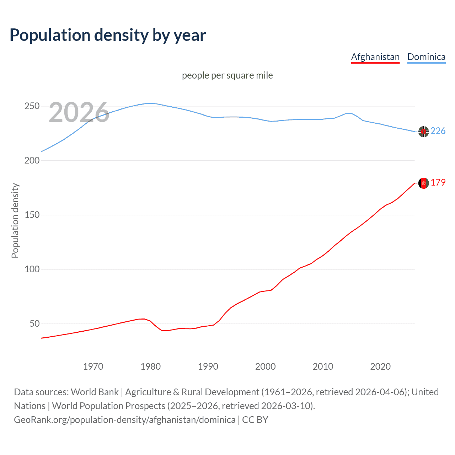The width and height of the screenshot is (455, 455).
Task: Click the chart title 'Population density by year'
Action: [x=108, y=35]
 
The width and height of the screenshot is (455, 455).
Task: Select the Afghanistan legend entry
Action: [x=375, y=57]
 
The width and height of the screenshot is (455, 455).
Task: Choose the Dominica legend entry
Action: [x=426, y=57]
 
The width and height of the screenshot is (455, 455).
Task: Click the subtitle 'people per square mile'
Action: [x=227, y=75]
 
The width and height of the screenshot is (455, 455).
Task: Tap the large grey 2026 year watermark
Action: [x=79, y=112]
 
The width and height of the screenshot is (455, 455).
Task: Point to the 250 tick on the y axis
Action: [x=32, y=106]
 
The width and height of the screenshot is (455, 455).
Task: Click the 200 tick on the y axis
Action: [x=32, y=161]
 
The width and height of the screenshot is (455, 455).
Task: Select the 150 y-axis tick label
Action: [x=32, y=215]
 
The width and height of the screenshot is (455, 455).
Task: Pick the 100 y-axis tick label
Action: [x=32, y=269]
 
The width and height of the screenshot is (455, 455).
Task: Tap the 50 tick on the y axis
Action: [x=34, y=324]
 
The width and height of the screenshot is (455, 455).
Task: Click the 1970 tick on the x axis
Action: [x=93, y=366]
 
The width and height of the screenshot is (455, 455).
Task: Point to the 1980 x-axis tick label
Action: [x=151, y=366]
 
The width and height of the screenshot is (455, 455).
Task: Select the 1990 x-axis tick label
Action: [x=208, y=366]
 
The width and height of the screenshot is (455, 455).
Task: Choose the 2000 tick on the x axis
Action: [x=266, y=366]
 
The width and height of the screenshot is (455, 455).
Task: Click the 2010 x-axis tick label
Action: [x=323, y=366]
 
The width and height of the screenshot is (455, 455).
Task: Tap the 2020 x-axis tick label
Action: [x=380, y=366]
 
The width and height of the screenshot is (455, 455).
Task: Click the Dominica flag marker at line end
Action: [x=423, y=132]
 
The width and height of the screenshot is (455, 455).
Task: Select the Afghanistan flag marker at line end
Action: [x=423, y=183]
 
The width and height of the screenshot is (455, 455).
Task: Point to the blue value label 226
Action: [x=438, y=131]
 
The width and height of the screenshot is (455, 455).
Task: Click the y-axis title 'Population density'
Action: [x=15, y=220]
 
